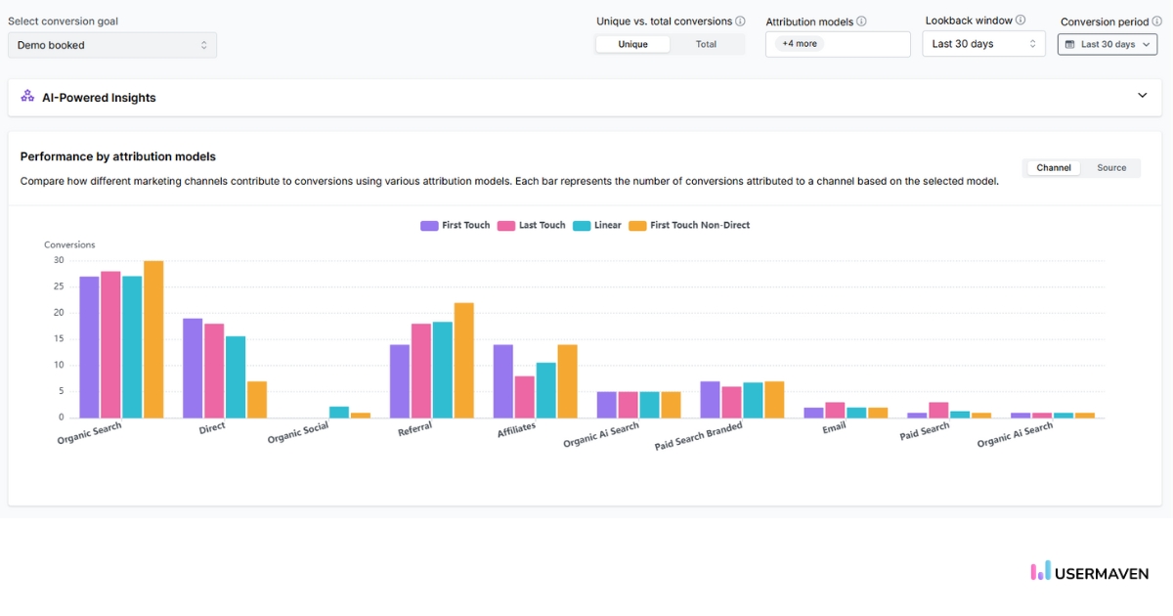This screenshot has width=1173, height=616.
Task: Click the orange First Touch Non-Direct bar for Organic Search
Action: [152, 339]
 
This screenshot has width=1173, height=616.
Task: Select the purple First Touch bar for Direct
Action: [193, 368]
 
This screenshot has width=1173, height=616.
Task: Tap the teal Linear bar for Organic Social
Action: [338, 412]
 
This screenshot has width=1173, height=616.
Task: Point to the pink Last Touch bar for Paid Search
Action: [937, 410]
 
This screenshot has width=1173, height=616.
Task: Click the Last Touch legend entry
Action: [532, 226]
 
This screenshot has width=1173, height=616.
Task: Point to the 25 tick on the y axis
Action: [59, 286]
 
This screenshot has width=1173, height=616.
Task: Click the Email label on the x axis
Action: [833, 427]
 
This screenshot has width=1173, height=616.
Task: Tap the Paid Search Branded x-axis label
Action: [698, 436]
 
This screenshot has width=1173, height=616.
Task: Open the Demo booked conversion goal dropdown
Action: [112, 45]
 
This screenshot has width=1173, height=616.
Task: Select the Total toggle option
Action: [706, 44]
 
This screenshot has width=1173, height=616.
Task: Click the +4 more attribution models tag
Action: [800, 44]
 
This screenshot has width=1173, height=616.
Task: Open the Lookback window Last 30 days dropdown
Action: [983, 44]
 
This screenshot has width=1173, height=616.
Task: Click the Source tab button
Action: [1111, 168]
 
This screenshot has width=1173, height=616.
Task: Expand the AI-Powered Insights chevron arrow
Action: [1142, 96]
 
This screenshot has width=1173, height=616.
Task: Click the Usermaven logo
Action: [1090, 572]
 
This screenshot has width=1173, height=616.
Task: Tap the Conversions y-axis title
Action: [69, 244]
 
